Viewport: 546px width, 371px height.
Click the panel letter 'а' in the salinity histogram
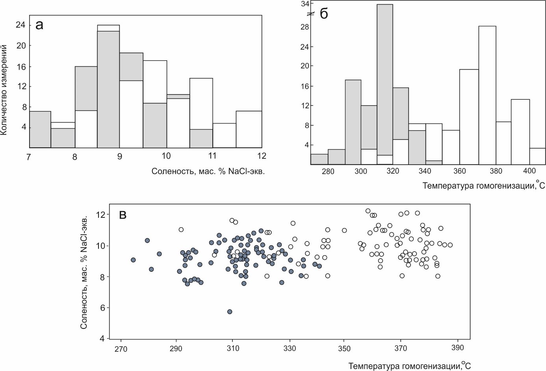(x=39, y=25)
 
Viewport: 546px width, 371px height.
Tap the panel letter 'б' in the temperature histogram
(x=324, y=14)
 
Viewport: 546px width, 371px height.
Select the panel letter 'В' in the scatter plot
(x=123, y=215)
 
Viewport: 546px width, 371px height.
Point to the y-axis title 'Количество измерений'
(x=4, y=90)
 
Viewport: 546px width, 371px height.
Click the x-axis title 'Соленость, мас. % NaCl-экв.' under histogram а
(x=208, y=171)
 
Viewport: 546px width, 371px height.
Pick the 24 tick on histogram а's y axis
(x=20, y=25)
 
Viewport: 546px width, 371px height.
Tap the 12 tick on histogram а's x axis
(x=262, y=156)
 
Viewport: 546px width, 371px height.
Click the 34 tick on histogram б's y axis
(x=305, y=4)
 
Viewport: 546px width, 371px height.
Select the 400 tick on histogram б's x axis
(x=529, y=171)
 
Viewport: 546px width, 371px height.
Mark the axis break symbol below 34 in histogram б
(x=311, y=14)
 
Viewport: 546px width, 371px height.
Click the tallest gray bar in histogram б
(x=384, y=79)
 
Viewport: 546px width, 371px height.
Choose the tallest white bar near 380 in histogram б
(x=487, y=95)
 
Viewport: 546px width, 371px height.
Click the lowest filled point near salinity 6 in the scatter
(x=230, y=312)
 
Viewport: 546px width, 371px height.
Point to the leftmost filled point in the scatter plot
(x=133, y=260)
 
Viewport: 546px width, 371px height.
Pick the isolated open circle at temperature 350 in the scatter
(x=344, y=230)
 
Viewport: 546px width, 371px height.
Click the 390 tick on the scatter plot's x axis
(x=457, y=348)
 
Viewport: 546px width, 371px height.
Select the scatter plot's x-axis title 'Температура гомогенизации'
(x=410, y=366)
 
